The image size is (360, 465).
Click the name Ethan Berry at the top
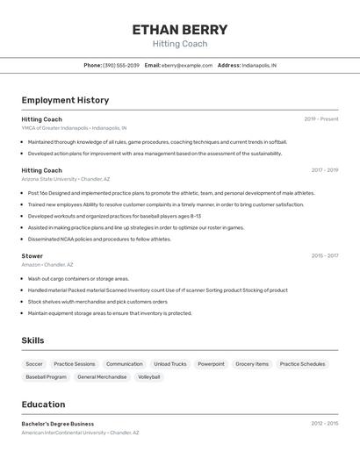[x=180, y=29]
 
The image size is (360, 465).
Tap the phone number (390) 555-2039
[x=120, y=65]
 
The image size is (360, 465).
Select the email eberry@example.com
[x=186, y=65]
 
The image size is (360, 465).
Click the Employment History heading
[x=65, y=100]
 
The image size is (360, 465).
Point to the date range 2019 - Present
[x=321, y=118]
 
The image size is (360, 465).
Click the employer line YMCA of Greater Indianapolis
[x=74, y=127]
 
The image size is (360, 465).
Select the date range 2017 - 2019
[x=325, y=170]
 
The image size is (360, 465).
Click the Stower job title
[x=32, y=256]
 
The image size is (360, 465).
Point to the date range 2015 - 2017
[x=325, y=256]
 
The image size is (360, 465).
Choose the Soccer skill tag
[x=34, y=363]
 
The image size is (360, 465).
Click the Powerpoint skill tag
[x=211, y=363]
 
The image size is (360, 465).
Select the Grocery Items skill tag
[x=252, y=363]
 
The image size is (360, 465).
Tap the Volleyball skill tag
[x=149, y=376]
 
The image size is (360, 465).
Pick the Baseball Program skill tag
[x=46, y=376]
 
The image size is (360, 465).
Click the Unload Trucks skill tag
[x=170, y=363]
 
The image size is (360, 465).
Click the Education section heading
[x=43, y=404]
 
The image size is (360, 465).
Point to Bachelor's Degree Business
[x=58, y=424]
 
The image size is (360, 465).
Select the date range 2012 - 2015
[x=325, y=423]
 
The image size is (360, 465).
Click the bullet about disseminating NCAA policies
[x=99, y=239]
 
